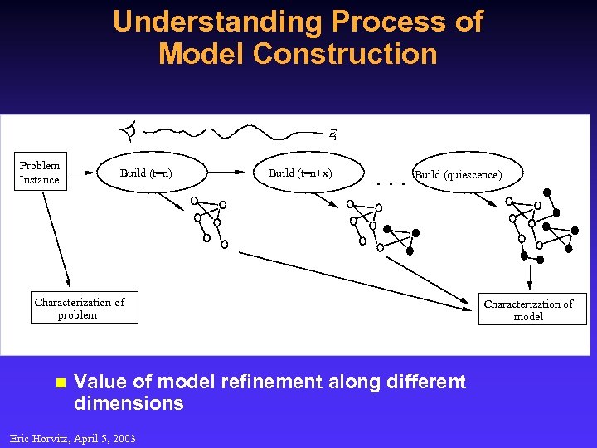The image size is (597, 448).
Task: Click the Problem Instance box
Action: (40, 173)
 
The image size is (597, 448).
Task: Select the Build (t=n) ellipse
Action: (147, 173)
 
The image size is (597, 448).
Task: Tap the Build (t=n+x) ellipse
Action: (300, 173)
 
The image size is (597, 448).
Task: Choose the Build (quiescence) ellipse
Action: (458, 175)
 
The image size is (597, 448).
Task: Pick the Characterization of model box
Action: (528, 309)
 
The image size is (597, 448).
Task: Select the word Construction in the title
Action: (344, 54)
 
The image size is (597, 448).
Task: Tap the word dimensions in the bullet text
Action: (129, 403)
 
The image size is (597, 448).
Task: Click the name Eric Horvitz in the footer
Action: (40, 438)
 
